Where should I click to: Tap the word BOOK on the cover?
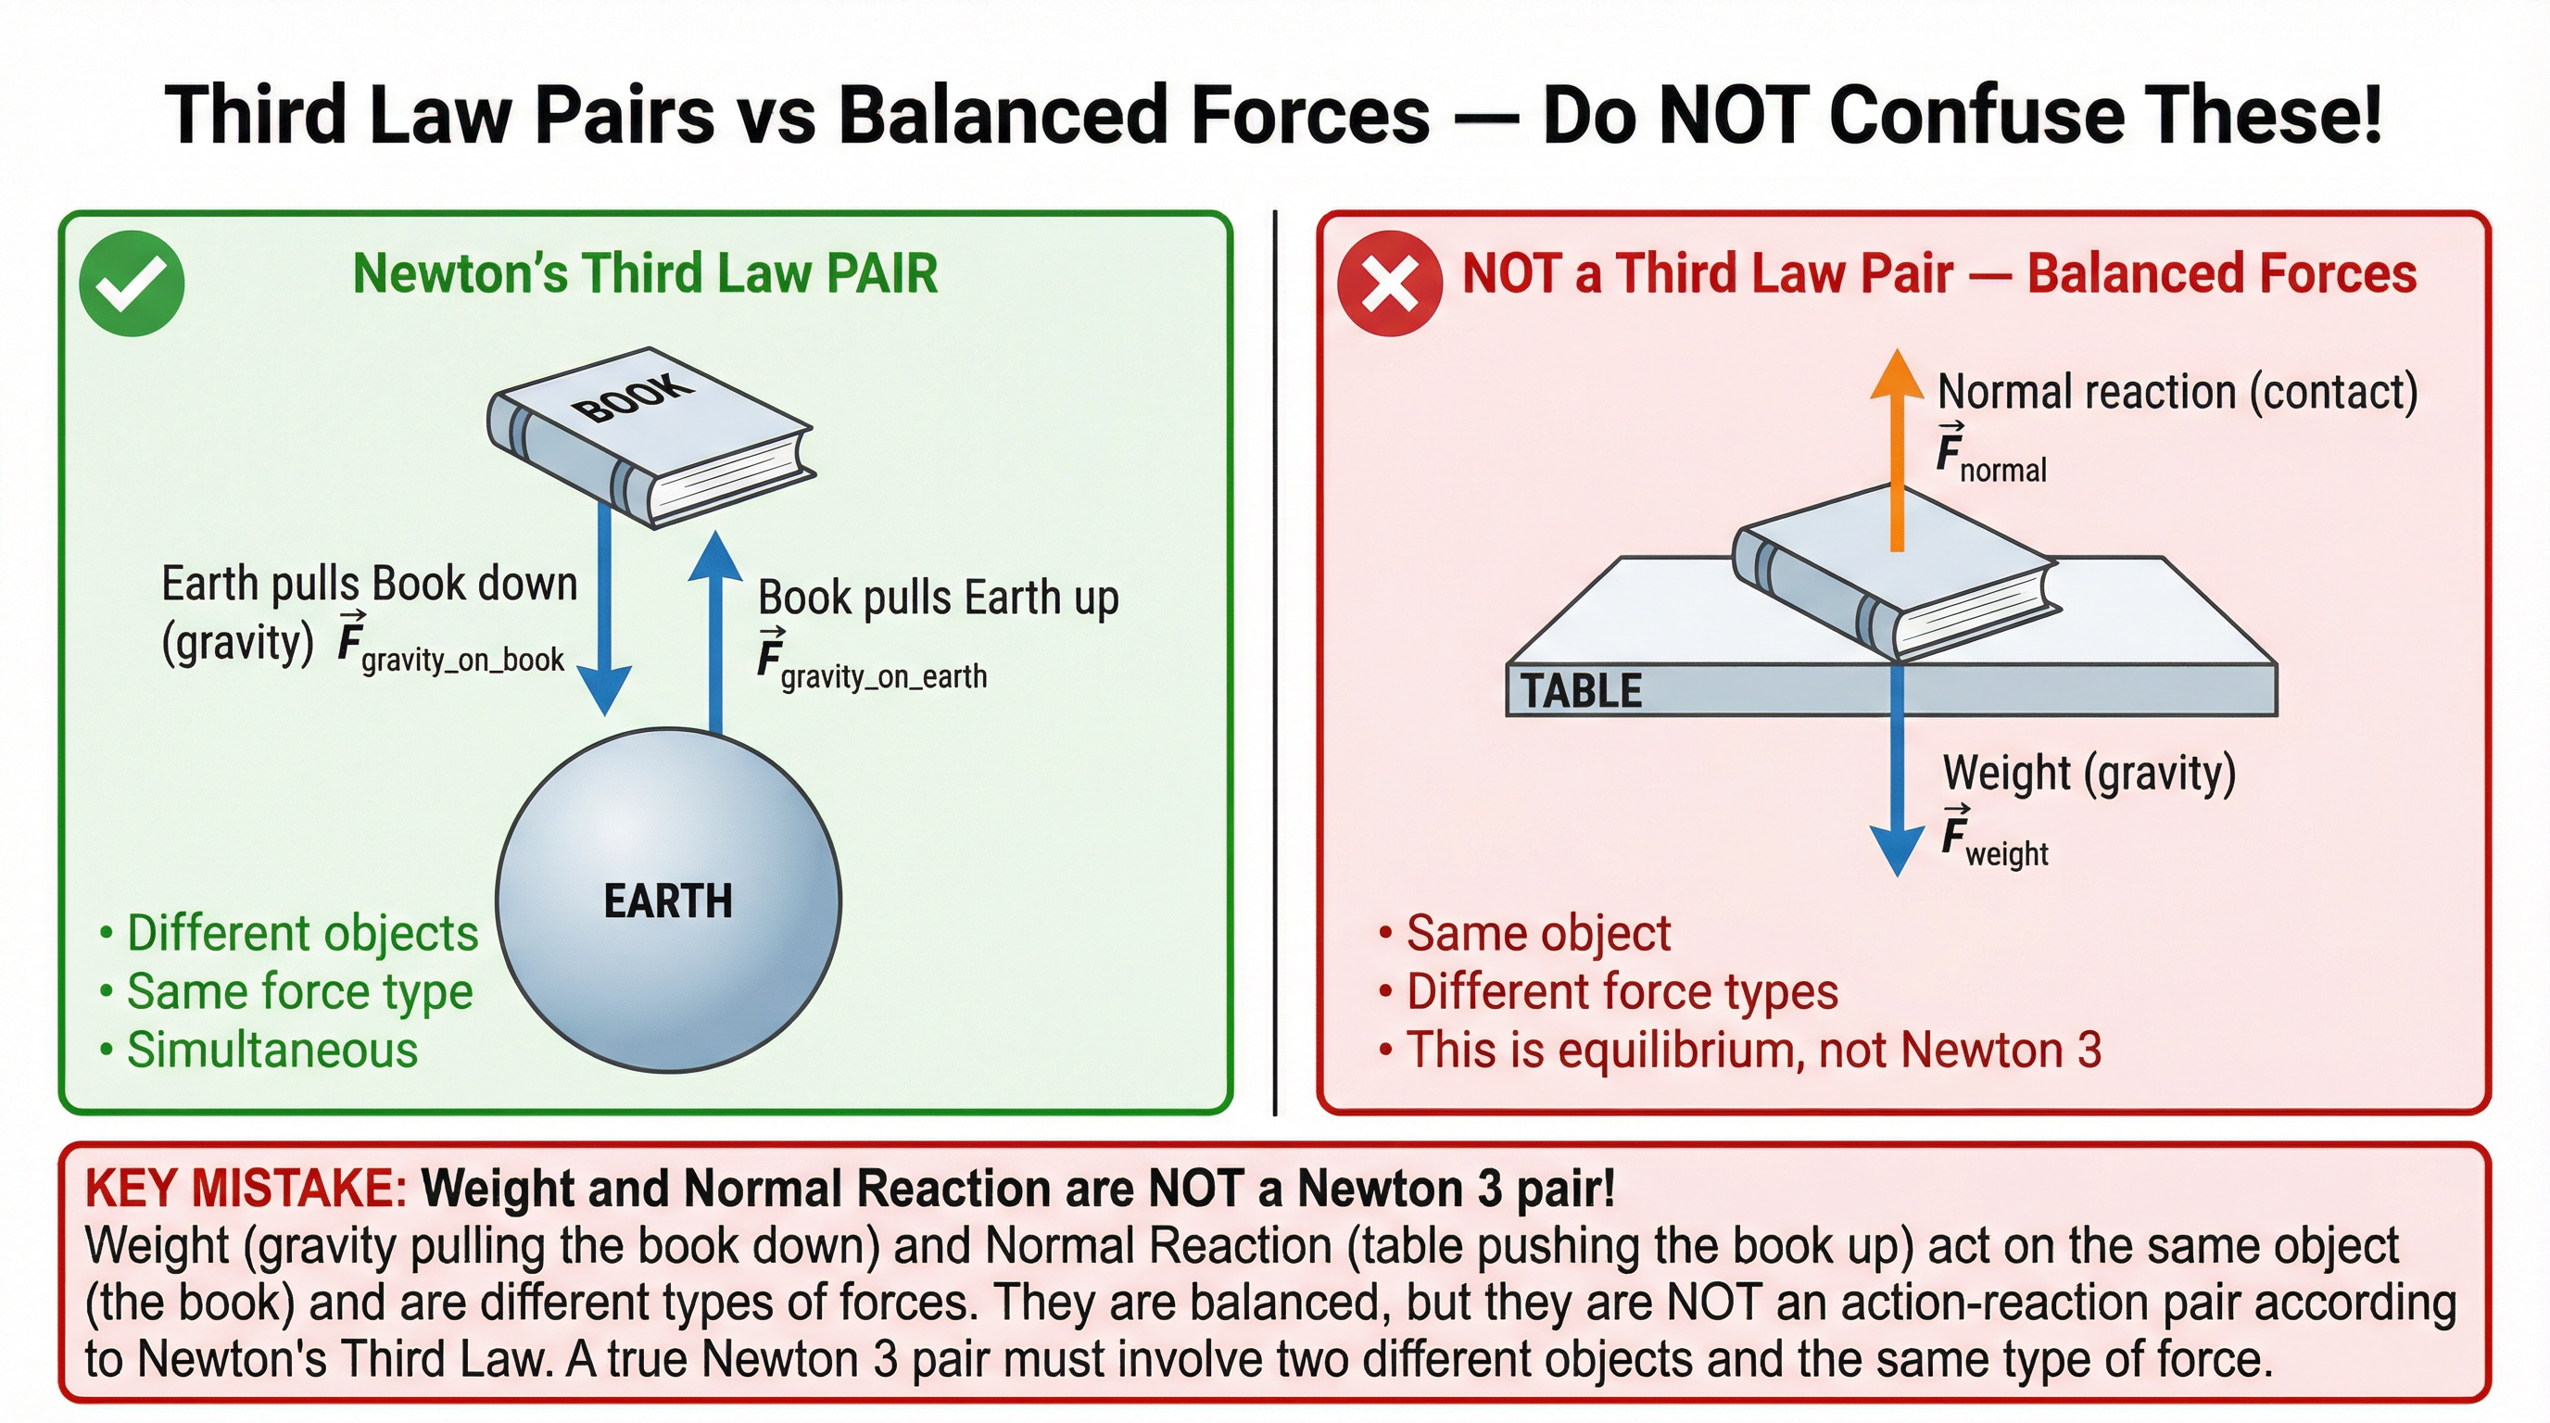(x=634, y=397)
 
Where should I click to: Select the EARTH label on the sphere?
(x=668, y=901)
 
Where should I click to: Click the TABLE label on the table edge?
(x=1581, y=691)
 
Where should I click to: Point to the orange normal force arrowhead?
(x=1896, y=376)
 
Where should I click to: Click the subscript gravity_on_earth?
(x=884, y=677)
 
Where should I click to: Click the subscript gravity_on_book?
(x=462, y=660)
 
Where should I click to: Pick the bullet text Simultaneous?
(x=272, y=1050)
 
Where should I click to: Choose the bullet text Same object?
(x=1538, y=933)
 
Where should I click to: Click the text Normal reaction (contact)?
(x=2177, y=393)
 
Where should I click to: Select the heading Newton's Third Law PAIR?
(x=644, y=274)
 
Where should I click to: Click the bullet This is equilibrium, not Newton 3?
(x=1752, y=1050)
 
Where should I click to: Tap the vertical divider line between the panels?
(x=1275, y=663)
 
